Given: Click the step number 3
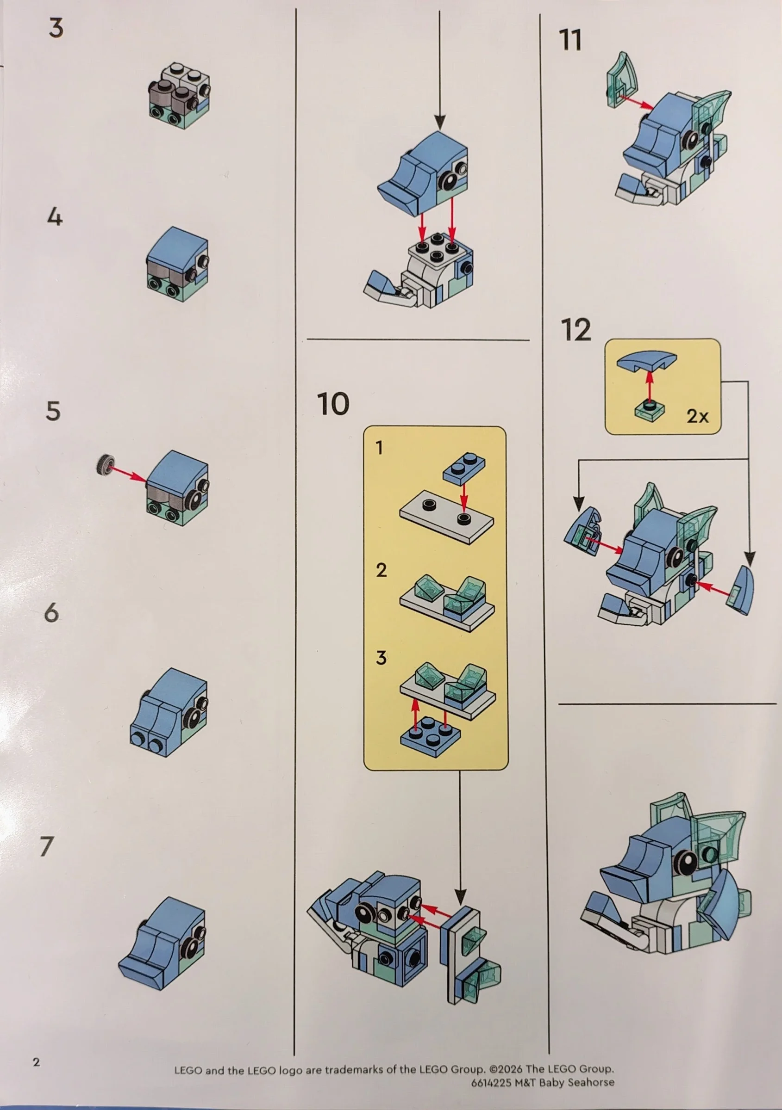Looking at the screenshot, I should point(56,28).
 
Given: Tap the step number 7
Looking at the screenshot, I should point(46,846).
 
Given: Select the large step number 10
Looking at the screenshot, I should point(333,404).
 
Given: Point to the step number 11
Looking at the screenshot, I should point(570,40).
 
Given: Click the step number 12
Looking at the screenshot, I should point(576,330).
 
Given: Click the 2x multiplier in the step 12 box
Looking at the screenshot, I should point(697,416).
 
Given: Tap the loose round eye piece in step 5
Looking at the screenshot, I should point(104,465).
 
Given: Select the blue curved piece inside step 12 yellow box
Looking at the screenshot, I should point(646,360).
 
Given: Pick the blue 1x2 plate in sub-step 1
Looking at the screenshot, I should point(463,468).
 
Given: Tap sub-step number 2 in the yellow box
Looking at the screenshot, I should point(382,570).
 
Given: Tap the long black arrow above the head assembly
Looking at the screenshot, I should point(439,68).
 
